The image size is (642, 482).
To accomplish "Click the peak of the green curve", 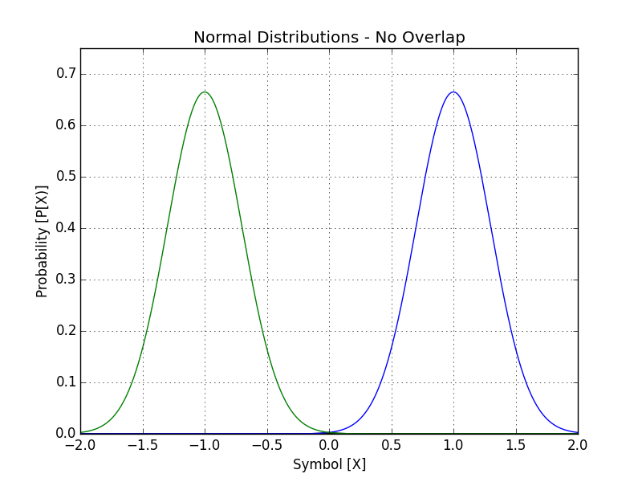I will [x=205, y=92].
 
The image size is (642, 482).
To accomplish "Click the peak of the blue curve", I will [x=453, y=92].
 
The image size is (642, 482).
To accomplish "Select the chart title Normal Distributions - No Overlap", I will [x=329, y=38].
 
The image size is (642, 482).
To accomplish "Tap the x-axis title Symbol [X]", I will [x=329, y=464].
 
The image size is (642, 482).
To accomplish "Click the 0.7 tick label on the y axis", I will [x=64, y=74].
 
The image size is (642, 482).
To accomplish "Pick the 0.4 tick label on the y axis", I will [x=64, y=228].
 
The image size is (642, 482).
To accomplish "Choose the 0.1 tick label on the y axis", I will [x=64, y=382].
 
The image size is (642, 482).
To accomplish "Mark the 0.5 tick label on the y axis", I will [x=64, y=177].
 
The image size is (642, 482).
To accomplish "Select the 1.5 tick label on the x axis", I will [x=516, y=444].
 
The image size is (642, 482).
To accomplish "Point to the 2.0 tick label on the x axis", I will [x=578, y=444].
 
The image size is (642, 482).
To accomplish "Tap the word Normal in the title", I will [x=221, y=38].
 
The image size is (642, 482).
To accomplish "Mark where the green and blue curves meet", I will [x=329, y=432].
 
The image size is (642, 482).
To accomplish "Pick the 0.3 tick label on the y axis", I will [x=64, y=280].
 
